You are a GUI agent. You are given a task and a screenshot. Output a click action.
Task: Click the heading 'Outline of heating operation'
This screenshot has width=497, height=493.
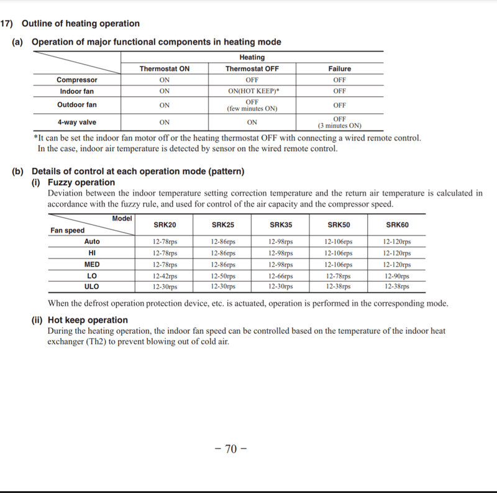point(80,24)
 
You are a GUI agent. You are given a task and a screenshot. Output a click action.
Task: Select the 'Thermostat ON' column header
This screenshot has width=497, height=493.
point(165,69)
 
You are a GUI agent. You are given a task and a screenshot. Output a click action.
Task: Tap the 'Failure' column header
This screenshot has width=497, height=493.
point(339,69)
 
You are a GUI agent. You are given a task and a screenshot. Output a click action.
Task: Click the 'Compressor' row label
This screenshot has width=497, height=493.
point(77,80)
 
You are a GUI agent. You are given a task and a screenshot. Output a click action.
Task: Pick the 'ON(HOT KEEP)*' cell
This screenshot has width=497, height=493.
point(252,91)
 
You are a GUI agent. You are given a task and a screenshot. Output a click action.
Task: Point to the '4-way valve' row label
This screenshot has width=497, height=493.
point(77,122)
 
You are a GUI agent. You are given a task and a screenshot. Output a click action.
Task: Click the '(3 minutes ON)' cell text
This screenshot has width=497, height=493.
point(339,126)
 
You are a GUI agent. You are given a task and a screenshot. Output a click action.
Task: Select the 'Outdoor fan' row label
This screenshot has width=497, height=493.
point(77,105)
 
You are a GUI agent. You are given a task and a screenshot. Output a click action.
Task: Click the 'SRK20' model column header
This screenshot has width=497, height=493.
point(165,225)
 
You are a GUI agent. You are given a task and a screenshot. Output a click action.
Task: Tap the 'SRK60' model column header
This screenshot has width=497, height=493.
point(397,225)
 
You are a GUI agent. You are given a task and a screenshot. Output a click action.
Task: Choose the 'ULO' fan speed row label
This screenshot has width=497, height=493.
point(92,287)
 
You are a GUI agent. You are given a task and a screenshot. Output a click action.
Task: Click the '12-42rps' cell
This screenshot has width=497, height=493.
point(165,275)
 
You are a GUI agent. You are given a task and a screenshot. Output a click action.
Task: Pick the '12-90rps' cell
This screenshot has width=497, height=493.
point(397,275)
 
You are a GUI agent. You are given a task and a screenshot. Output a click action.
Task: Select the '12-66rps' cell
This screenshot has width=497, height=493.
point(281,275)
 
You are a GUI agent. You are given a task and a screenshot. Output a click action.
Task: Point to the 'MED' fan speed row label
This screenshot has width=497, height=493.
point(92,264)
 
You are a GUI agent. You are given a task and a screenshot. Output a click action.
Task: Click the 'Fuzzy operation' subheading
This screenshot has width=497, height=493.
point(81,182)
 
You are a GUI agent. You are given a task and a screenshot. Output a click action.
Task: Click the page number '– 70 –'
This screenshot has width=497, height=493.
point(230,449)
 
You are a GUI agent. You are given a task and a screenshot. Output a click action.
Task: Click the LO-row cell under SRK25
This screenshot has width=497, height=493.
point(223,275)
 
